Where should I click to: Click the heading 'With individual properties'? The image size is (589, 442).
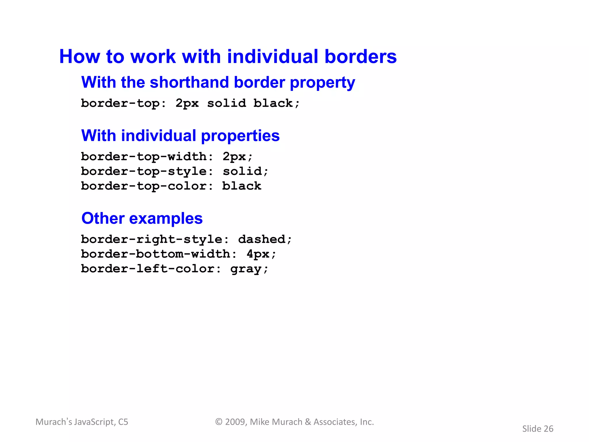(x=180, y=136)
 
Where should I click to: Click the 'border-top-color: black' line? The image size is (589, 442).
(x=171, y=186)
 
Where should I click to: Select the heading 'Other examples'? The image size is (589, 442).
(x=142, y=218)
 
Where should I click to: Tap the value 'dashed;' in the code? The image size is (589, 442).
(x=265, y=239)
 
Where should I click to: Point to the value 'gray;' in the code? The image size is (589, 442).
(x=249, y=269)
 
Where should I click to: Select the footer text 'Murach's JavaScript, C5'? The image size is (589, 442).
(x=82, y=422)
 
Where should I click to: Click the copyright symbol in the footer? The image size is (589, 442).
(x=219, y=422)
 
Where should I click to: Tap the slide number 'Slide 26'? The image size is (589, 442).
(x=538, y=429)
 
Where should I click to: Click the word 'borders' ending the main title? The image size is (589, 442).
(x=361, y=56)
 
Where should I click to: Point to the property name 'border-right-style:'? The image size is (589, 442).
(x=155, y=239)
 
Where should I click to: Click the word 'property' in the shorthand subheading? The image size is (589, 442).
(x=322, y=83)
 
